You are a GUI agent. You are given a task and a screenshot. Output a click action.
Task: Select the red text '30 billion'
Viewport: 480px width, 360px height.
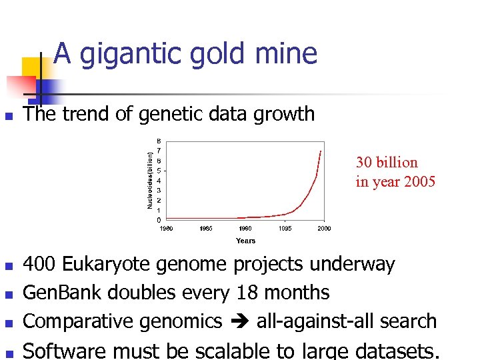pyautogui.click(x=387, y=163)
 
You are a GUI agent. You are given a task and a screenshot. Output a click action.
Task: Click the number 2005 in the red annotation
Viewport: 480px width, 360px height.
pyautogui.click(x=417, y=181)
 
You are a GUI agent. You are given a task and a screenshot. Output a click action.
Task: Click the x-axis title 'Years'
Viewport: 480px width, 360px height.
pyautogui.click(x=245, y=241)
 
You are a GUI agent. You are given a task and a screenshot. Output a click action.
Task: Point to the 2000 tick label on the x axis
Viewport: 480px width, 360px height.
pyautogui.click(x=324, y=229)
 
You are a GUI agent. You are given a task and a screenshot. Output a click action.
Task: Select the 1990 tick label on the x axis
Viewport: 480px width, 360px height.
pyautogui.click(x=246, y=229)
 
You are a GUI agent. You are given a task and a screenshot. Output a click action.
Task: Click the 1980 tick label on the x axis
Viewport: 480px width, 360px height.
pyautogui.click(x=167, y=229)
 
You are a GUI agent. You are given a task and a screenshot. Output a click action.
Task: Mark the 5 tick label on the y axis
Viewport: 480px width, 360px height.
pyautogui.click(x=158, y=171)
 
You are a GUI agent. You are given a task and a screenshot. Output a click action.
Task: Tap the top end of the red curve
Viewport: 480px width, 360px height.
pyautogui.click(x=321, y=151)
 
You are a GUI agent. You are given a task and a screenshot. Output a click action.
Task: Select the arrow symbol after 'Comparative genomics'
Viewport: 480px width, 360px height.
pyautogui.click(x=239, y=322)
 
